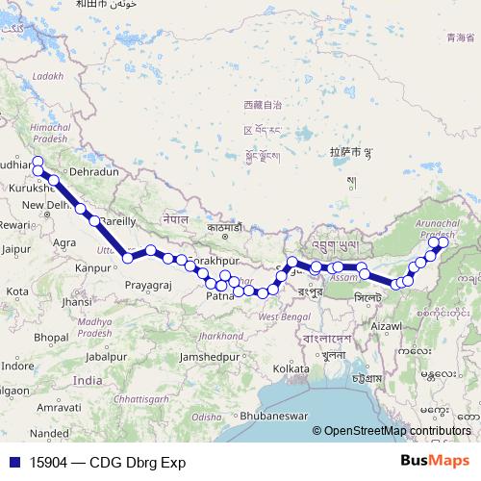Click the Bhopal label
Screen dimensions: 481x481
coord(50,338)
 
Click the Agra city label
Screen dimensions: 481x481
coord(65,242)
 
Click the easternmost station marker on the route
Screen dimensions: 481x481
coord(443,243)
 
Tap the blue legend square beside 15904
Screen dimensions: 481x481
coord(12,462)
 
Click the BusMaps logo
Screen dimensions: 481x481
coord(437,461)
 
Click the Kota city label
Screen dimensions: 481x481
coord(16,291)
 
